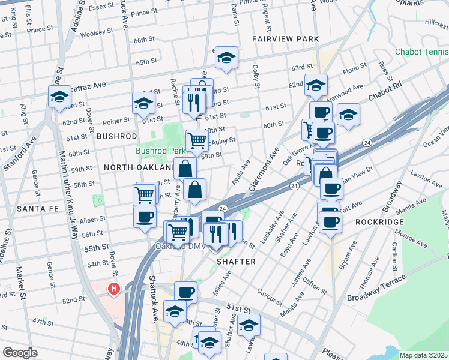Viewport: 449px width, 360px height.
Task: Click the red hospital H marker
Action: (x=114, y=289)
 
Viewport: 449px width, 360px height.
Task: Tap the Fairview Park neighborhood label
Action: (x=285, y=39)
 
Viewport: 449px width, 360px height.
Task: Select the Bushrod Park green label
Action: (x=160, y=151)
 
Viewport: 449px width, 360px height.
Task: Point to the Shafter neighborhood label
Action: (x=236, y=262)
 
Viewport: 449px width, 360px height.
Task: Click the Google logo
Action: (x=20, y=353)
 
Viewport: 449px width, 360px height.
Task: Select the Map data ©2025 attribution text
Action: (x=423, y=355)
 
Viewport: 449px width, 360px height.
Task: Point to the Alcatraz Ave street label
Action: (x=85, y=85)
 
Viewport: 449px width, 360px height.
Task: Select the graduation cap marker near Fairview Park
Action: (x=226, y=58)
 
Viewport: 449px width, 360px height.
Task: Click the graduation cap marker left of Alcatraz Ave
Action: (x=60, y=97)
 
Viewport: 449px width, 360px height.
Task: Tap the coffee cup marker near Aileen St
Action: (x=144, y=217)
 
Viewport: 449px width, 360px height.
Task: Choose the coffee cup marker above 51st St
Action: (x=185, y=293)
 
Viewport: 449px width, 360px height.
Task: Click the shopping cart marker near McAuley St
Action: (x=197, y=141)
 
